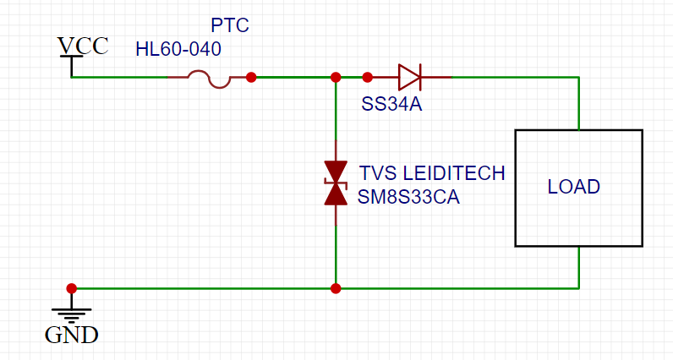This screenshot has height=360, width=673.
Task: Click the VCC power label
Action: pos(82,45)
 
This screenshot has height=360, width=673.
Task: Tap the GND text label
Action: pos(71,335)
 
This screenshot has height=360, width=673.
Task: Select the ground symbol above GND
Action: pos(71,312)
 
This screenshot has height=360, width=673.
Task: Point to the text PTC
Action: pos(229,25)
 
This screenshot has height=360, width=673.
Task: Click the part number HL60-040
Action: pos(178,49)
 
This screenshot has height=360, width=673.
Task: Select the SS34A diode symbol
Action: pos(410,78)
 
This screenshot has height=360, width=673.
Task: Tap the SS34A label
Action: pos(391,105)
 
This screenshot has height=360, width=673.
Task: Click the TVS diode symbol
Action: pos(336,183)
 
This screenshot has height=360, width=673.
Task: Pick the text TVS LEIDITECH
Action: pos(432,173)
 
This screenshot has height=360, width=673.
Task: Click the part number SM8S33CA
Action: pos(408,197)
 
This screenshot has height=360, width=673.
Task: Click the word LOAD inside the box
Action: pos(573,187)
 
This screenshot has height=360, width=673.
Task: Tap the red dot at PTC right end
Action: pos(251,77)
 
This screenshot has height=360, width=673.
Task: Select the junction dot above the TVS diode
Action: pos(336,77)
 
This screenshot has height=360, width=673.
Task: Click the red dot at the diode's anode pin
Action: pos(367,77)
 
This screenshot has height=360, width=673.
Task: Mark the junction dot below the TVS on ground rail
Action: pos(336,288)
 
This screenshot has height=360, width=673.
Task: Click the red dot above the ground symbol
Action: pos(71,288)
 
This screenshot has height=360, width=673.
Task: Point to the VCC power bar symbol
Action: pos(71,57)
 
